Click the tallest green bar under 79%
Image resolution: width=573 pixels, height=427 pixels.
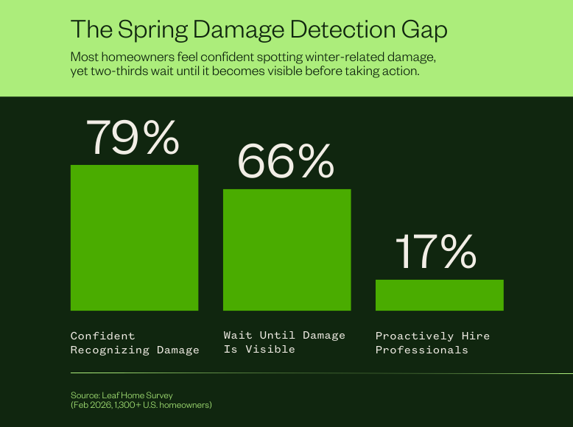(x=134, y=237)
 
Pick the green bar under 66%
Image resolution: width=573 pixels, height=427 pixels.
(x=286, y=250)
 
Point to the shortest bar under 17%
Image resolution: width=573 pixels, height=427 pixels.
(x=439, y=294)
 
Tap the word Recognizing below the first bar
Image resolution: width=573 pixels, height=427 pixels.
(x=110, y=350)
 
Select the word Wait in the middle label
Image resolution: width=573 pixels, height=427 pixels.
(x=238, y=335)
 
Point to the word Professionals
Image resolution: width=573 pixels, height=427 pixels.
(x=421, y=350)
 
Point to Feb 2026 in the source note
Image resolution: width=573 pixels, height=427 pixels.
(x=91, y=405)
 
